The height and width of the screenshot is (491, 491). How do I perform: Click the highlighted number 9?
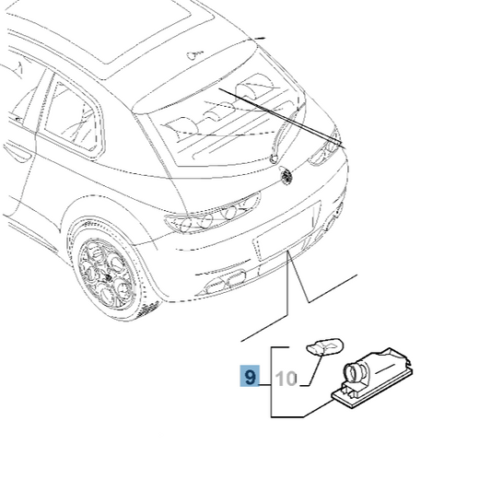pos(250,376)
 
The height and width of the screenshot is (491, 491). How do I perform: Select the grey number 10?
pos(286,379)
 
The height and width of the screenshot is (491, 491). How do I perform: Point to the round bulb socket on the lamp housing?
pos(353,373)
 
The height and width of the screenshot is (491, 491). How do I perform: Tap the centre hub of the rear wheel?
pos(109,277)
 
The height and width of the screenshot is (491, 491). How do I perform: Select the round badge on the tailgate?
pos(286,176)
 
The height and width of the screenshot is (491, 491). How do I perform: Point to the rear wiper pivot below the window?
pos(274,158)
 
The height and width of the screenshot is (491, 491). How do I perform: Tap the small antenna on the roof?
pos(194,55)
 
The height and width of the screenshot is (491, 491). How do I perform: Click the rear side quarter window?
pos(73,117)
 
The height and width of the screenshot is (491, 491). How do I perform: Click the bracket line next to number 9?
pos(271,382)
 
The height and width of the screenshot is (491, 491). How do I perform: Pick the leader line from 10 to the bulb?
pos(313,369)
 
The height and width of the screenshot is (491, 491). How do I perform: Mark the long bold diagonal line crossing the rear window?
pos(282,118)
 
